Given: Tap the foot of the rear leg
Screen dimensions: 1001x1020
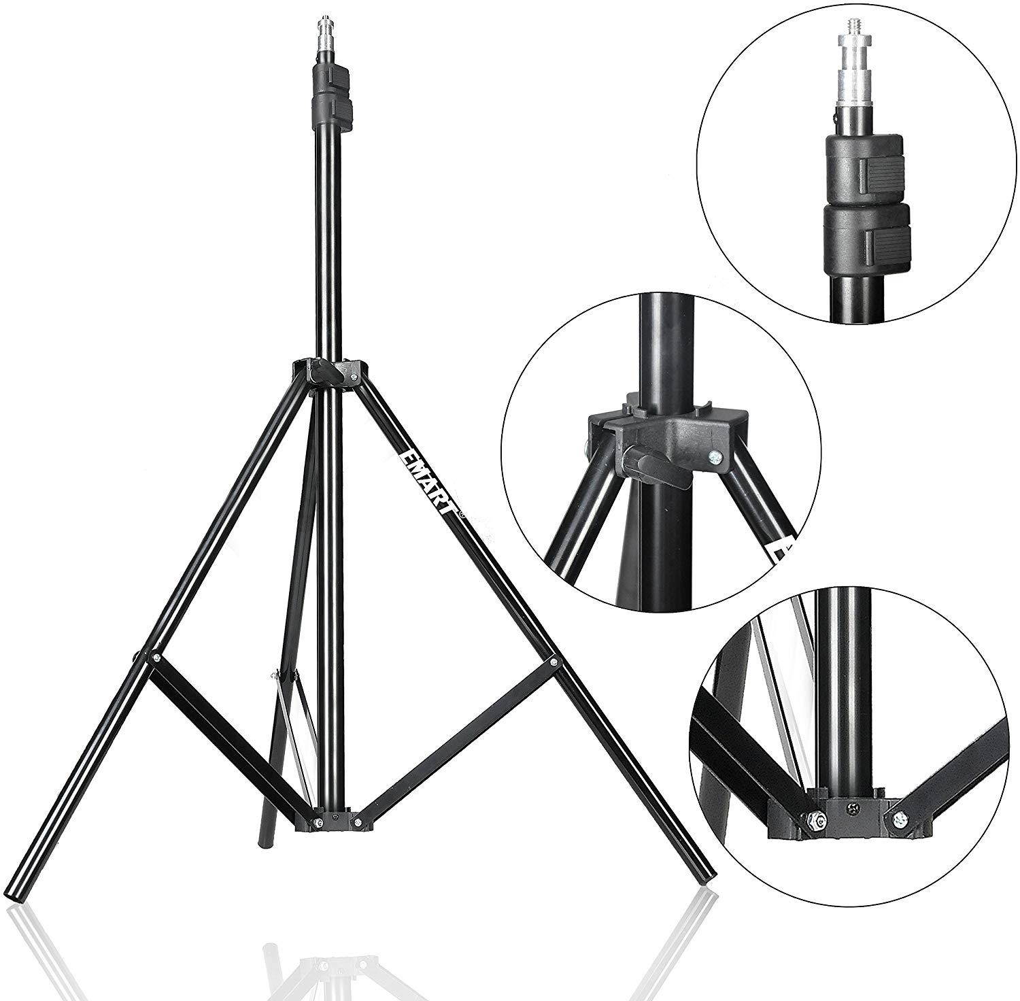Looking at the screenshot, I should tap(265, 839).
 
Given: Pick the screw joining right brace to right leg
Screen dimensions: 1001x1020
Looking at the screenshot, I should tap(554, 660).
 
